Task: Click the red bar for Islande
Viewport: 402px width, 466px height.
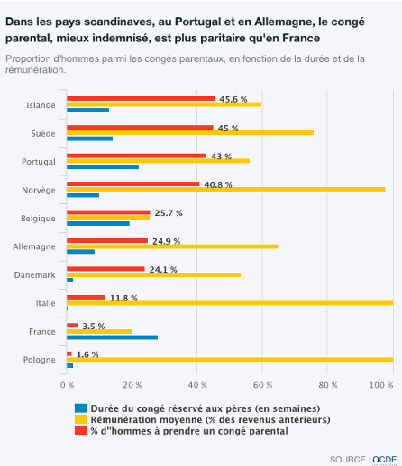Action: pyautogui.click(x=141, y=98)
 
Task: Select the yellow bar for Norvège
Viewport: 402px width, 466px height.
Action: pyautogui.click(x=226, y=189)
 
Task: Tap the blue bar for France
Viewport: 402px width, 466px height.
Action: pyautogui.click(x=112, y=337)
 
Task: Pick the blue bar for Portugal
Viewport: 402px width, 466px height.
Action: pyautogui.click(x=103, y=166)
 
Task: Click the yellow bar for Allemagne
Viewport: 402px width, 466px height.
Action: pyautogui.click(x=172, y=246)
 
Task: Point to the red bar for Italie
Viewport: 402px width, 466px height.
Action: pyautogui.click(x=86, y=297)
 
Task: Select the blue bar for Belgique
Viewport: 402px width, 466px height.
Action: pyautogui.click(x=98, y=223)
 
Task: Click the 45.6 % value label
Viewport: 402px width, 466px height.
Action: pyautogui.click(x=233, y=99)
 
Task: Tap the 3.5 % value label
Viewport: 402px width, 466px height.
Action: pyautogui.click(x=94, y=326)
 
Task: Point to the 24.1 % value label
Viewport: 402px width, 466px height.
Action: pyautogui.click(x=163, y=270)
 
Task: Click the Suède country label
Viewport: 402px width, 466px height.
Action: pyautogui.click(x=43, y=133)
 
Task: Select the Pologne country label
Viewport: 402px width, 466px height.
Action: pyautogui.click(x=40, y=360)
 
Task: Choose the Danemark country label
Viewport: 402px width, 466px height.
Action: pyautogui.click(x=35, y=275)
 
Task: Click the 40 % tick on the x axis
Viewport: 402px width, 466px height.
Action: pyautogui.click(x=197, y=385)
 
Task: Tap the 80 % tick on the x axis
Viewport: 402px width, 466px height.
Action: pyautogui.click(x=328, y=385)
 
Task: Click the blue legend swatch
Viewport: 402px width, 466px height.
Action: pyautogui.click(x=80, y=408)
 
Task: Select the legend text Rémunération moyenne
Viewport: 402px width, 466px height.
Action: pyautogui.click(x=146, y=419)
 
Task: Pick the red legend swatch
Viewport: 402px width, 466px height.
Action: pyautogui.click(x=80, y=431)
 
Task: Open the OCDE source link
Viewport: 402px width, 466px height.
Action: pyautogui.click(x=385, y=460)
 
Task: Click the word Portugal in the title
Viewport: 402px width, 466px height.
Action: pyautogui.click(x=197, y=22)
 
